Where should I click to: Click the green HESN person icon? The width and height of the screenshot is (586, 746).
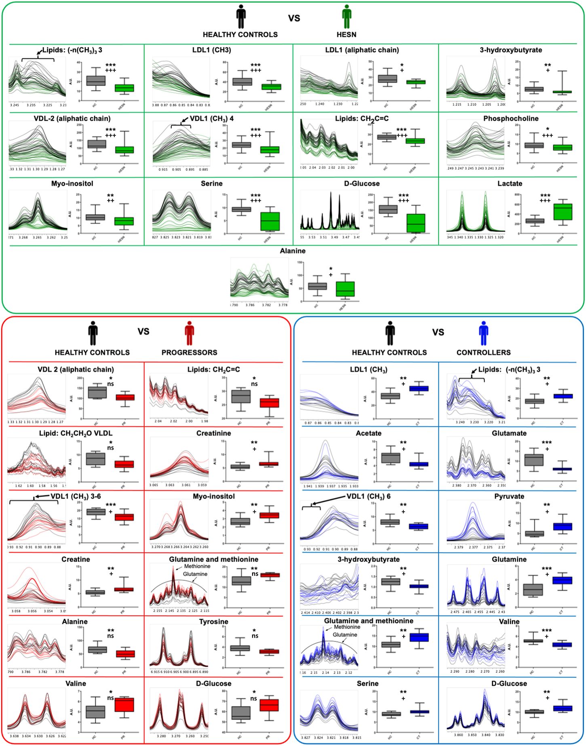pos(346,17)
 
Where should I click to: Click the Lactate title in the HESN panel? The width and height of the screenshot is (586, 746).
pos(510,183)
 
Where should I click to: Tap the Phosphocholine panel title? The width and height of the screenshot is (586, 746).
pos(510,118)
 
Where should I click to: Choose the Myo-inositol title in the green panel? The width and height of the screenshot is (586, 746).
pos(72,183)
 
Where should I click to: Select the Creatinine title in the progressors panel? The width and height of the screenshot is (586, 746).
pos(213,433)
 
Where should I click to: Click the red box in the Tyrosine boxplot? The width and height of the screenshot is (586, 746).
pos(269,651)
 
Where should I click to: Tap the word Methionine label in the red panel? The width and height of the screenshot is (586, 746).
pos(197,566)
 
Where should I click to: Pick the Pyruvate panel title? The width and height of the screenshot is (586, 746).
pos(509,496)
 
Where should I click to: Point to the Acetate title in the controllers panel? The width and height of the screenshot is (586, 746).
pos(368,433)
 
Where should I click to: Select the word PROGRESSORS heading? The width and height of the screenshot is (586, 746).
pos(189,352)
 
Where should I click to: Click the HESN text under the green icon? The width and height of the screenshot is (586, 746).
pos(346,35)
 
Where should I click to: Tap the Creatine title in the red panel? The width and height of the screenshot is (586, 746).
pos(76,559)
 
